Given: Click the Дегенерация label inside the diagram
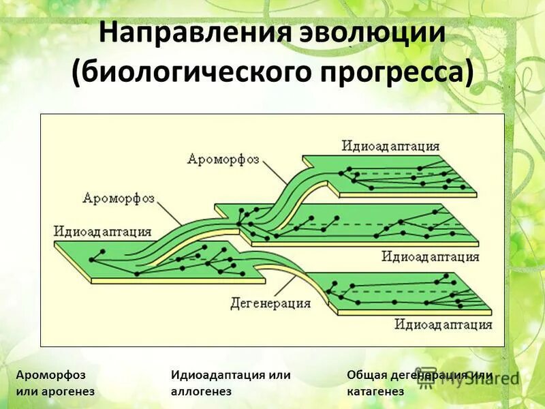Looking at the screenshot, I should coord(270,301).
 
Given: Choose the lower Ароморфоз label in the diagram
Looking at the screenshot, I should coord(119,198).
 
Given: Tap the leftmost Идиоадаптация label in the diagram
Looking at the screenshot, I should coord(102,231).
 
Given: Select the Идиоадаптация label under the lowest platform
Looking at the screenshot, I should coord(443,324).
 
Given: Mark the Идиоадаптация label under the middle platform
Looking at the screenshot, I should coord(430,256).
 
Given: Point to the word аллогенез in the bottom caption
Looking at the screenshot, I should coord(202,391).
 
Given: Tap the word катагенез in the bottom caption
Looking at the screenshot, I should coord(375,391).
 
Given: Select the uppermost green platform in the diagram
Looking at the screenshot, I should coord(402,174).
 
